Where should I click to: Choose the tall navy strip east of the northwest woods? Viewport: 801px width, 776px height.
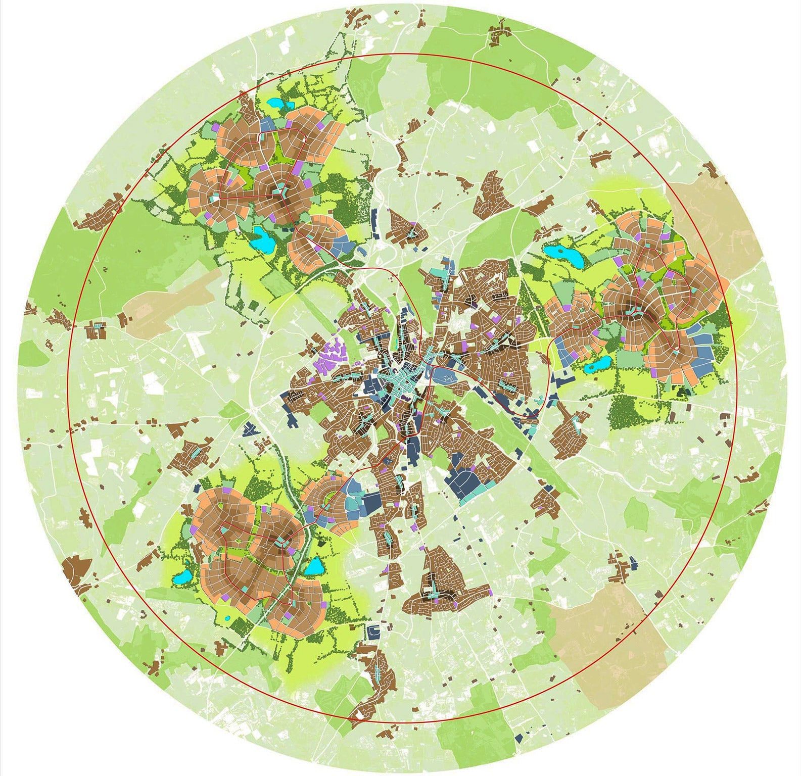coord(374,223)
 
